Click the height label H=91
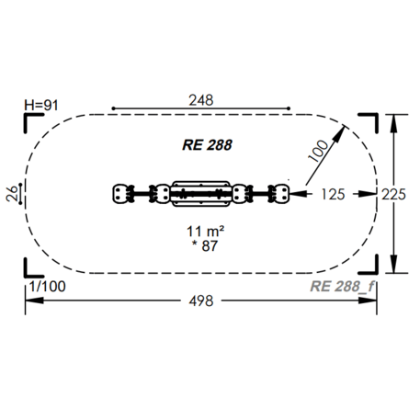(x=41, y=106)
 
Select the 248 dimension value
(x=201, y=100)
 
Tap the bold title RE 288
(x=207, y=145)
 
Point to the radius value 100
(x=318, y=151)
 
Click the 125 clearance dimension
(x=333, y=194)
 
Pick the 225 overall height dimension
(x=393, y=194)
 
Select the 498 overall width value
(x=201, y=301)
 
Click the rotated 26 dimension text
(x=12, y=194)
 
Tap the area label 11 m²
(x=205, y=232)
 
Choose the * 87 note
(x=205, y=246)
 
